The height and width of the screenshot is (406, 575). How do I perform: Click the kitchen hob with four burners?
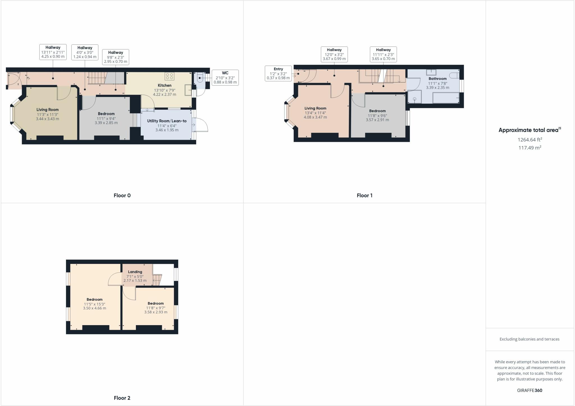(169, 76)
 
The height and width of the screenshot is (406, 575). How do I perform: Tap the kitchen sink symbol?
(188, 90)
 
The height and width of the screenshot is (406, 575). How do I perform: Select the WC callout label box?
(225, 77)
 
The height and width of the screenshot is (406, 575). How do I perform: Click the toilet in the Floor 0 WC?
(200, 78)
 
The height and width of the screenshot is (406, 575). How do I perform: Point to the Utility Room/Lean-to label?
(167, 121)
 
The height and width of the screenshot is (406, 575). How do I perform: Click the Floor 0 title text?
(122, 195)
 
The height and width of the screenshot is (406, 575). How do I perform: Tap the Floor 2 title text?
(122, 398)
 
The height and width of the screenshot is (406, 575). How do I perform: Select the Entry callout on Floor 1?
(278, 74)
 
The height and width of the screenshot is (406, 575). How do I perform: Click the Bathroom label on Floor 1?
(437, 79)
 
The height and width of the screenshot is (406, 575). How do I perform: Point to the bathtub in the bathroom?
(446, 98)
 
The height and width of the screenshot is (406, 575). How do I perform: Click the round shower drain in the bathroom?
(414, 99)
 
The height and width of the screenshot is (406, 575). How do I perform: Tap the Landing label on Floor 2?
(135, 272)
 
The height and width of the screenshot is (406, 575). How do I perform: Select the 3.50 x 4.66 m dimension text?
(94, 308)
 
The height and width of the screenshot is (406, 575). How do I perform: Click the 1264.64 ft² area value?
(530, 140)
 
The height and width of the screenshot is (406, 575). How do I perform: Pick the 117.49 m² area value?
(530, 148)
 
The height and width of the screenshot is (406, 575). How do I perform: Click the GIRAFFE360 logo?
(530, 390)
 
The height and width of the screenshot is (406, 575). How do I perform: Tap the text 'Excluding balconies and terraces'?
(529, 339)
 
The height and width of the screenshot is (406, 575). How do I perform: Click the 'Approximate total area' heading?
(529, 130)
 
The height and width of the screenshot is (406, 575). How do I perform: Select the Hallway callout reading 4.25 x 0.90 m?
(53, 52)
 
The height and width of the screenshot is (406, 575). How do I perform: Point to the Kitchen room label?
(165, 85)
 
